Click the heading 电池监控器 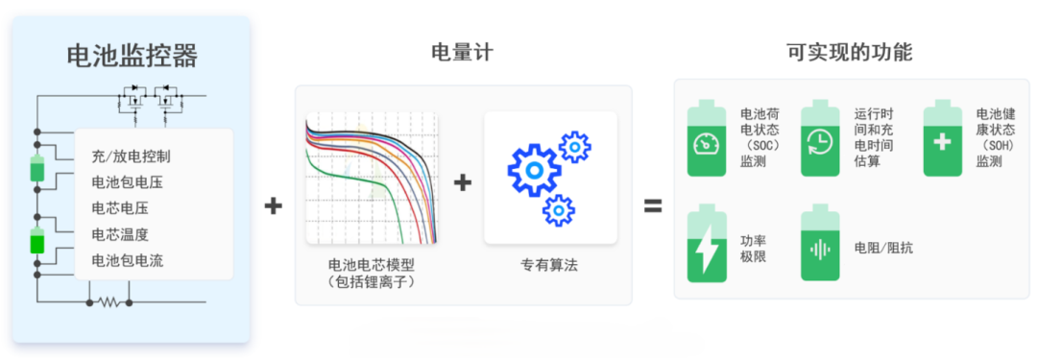[x=133, y=57]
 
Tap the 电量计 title [x=462, y=52]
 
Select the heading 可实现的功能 [x=849, y=52]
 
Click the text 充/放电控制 [x=132, y=156]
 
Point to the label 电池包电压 [x=128, y=182]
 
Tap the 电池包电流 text [x=128, y=261]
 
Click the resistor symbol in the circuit [x=109, y=302]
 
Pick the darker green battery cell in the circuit [x=37, y=240]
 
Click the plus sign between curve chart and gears [x=463, y=182]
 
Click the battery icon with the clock [x=820, y=138]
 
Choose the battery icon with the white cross [x=943, y=138]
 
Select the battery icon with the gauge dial [x=707, y=138]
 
